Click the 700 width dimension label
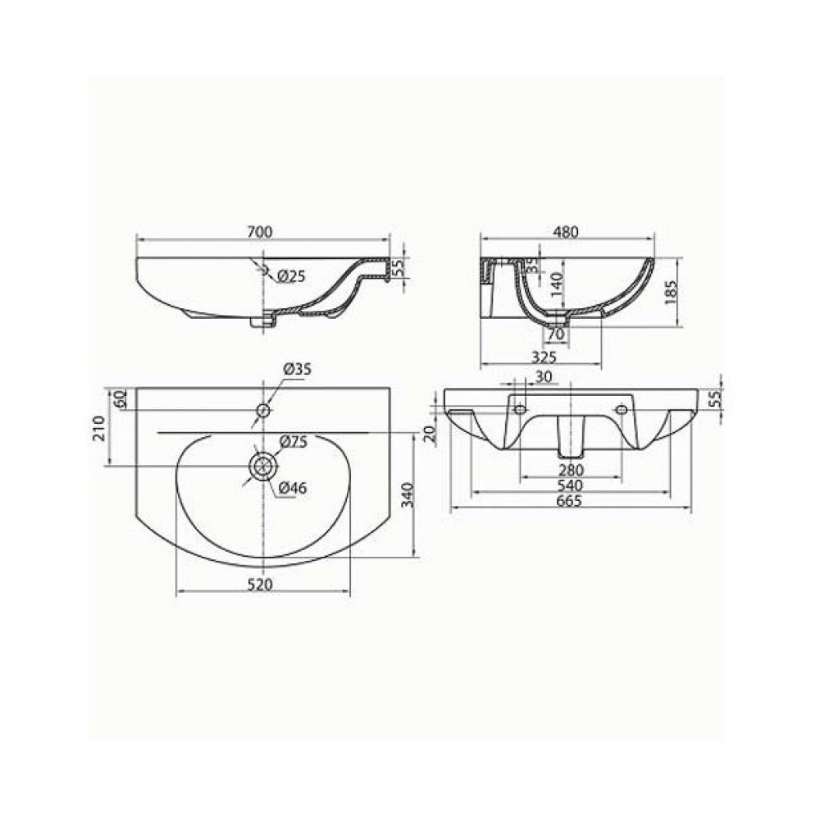[x=259, y=231]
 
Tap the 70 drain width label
[x=557, y=334]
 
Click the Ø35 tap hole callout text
[x=298, y=369]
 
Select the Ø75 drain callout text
[x=294, y=442]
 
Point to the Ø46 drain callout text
[x=293, y=488]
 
